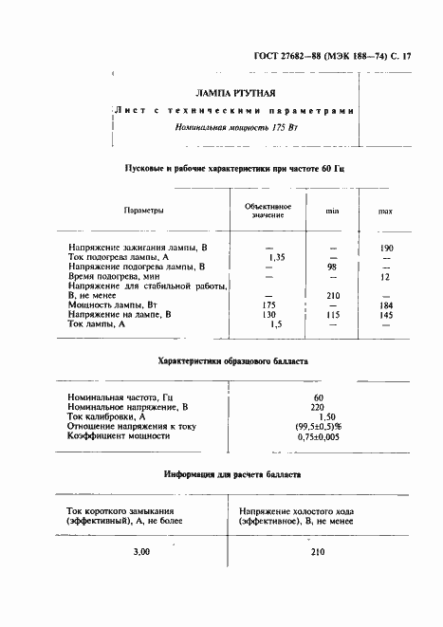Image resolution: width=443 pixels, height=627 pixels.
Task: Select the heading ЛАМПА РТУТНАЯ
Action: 235,94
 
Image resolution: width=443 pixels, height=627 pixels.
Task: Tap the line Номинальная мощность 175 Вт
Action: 235,127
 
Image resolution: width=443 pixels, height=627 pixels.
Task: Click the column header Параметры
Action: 143,210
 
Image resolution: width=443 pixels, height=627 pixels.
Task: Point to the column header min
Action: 333,210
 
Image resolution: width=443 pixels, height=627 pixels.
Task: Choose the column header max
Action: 385,210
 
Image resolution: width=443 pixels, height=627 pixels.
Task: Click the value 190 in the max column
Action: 386,248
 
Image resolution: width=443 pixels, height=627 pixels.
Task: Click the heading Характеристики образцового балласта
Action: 231,360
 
